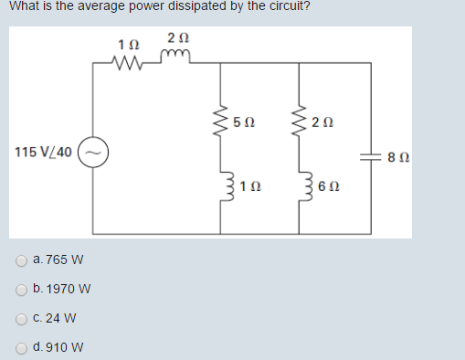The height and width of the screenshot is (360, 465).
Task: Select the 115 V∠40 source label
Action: point(46,151)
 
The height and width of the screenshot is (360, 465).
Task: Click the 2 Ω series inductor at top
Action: point(177,60)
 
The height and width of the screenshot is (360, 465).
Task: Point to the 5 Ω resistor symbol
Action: point(220,122)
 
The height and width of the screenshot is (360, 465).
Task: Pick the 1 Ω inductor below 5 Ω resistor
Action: point(220,186)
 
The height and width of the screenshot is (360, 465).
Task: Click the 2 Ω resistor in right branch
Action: point(298,122)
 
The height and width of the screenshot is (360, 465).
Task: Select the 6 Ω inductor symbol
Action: point(298,186)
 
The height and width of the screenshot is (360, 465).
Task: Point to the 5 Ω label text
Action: point(243,122)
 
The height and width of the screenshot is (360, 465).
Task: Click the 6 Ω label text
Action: point(321,186)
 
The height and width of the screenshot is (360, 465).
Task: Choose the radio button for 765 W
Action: point(21,260)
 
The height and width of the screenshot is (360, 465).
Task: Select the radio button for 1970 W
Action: point(21,290)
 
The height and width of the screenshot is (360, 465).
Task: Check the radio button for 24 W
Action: point(21,319)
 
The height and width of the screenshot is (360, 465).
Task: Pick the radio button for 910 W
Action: point(21,348)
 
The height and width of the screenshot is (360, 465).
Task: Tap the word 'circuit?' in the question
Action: point(284,7)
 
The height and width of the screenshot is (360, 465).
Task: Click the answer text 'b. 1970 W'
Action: point(61,290)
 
